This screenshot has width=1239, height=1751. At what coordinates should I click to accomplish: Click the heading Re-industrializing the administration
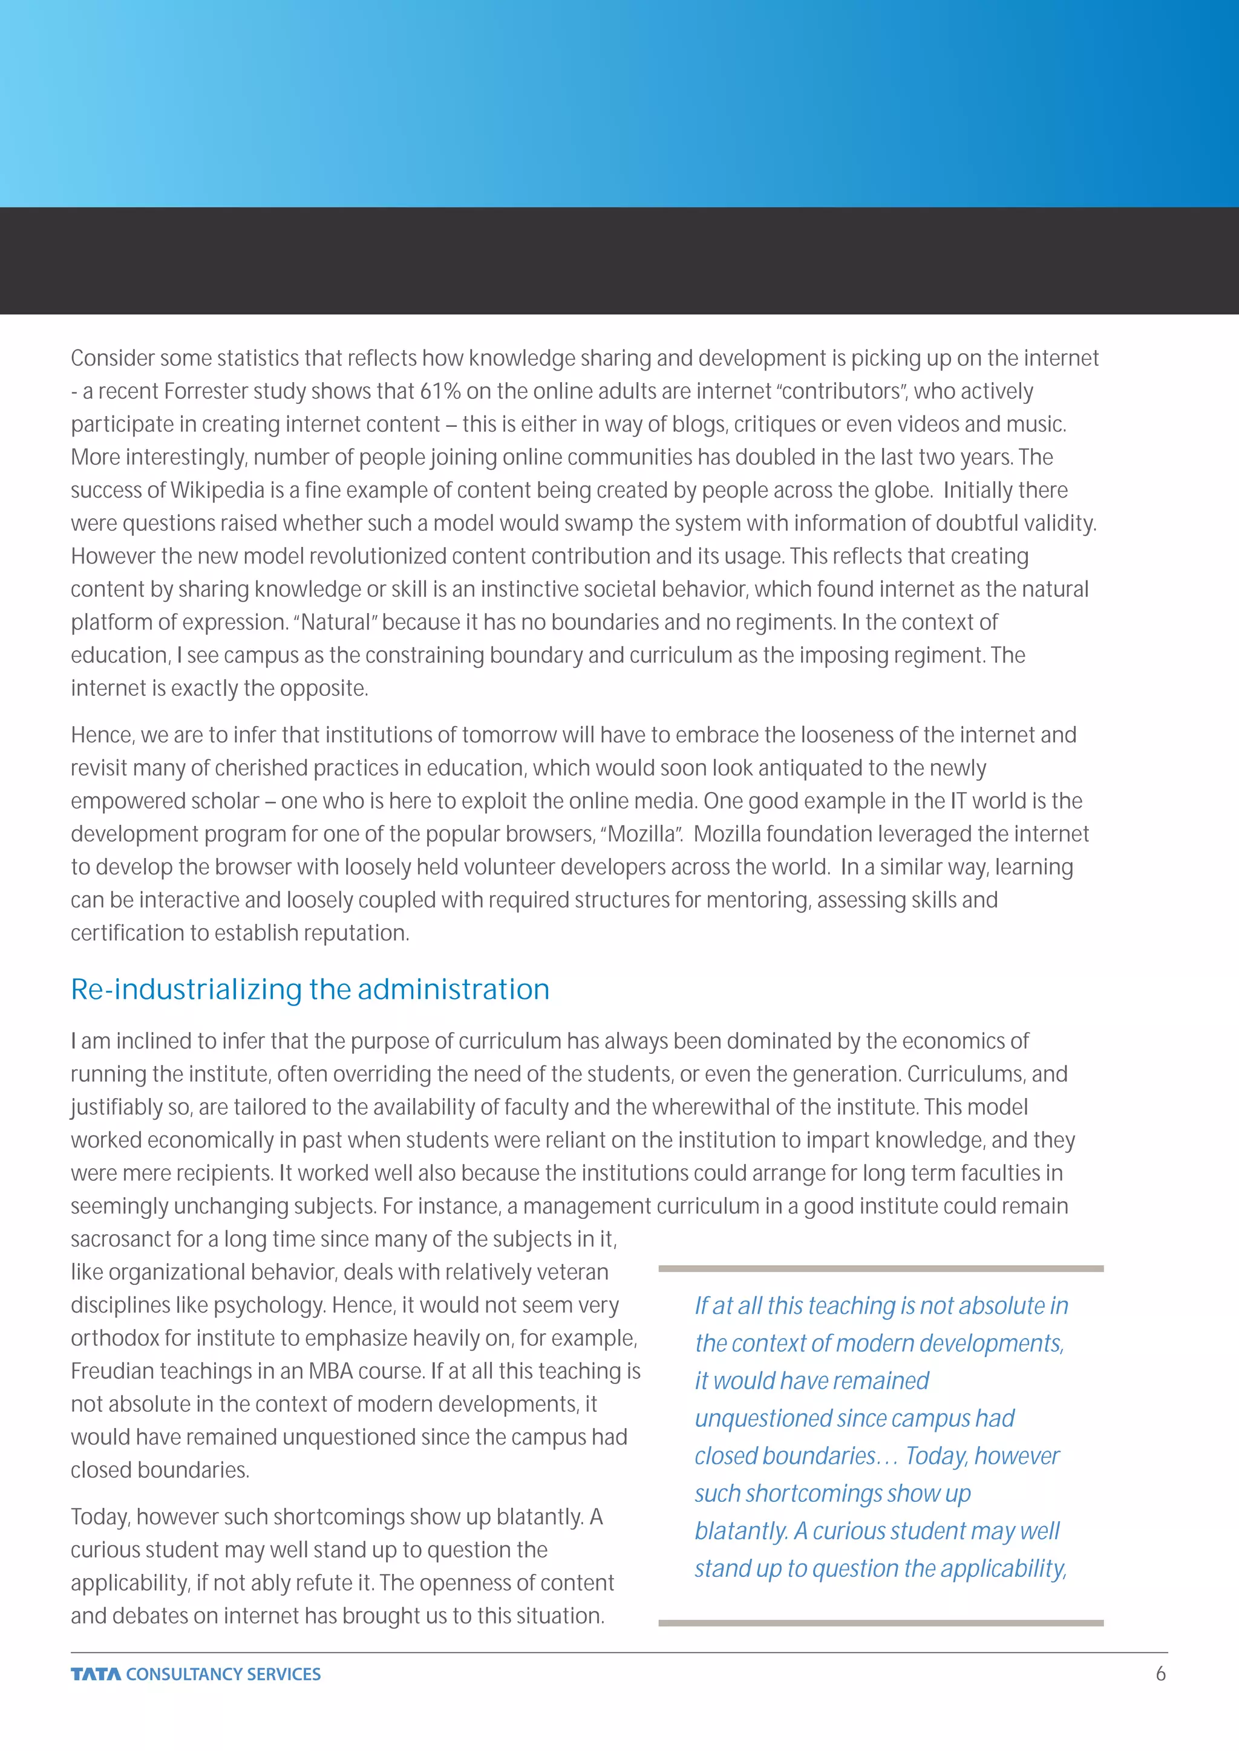point(310,989)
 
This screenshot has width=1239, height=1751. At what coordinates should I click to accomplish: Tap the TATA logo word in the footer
point(96,1674)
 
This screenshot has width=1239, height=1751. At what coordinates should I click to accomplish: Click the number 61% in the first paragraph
point(440,391)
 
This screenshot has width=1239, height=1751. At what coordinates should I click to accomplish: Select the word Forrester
point(201,391)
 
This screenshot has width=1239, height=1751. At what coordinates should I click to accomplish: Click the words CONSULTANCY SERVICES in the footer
point(223,1674)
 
